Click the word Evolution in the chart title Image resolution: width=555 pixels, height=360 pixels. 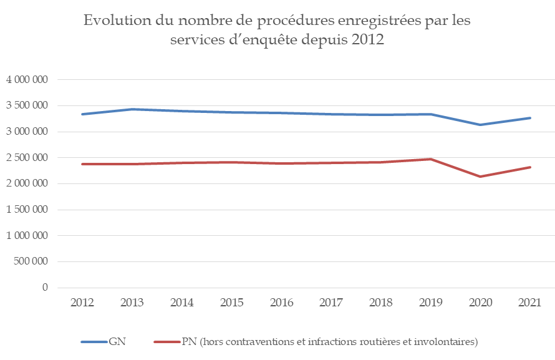115,21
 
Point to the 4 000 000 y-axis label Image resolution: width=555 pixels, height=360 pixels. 27,80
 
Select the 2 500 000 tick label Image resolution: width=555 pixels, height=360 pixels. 27,158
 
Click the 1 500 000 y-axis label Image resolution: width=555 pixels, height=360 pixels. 27,210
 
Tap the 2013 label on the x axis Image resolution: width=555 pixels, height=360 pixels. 132,303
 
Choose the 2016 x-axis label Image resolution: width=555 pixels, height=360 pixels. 281,303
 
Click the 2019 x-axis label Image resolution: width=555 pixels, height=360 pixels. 430,303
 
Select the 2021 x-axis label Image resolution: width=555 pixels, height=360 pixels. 529,303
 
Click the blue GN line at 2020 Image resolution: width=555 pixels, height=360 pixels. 480,125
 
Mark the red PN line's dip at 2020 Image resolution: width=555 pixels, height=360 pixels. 480,177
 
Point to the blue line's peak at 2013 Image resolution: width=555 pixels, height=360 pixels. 132,109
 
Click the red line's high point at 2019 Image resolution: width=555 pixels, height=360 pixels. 430,159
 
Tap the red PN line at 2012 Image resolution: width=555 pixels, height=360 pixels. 82,164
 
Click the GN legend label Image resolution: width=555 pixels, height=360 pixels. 117,341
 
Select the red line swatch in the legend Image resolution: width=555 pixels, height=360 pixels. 166,341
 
